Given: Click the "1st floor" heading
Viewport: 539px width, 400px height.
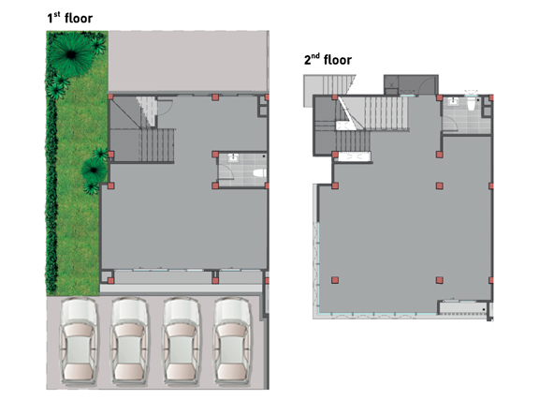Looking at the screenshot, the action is point(70,18).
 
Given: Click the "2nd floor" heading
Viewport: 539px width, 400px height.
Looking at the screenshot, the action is point(328,60).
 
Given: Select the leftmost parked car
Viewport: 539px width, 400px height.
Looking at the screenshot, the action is point(79,340).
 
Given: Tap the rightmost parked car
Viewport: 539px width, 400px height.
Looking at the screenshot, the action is point(232,340).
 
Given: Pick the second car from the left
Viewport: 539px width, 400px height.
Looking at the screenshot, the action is point(129,340).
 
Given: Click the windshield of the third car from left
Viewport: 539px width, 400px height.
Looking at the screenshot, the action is point(181,331).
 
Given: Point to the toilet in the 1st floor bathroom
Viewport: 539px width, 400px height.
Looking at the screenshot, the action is point(259,172).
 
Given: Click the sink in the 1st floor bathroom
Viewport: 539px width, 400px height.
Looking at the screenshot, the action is point(233,157).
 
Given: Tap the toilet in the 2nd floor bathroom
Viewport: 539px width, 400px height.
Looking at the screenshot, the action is point(471,103).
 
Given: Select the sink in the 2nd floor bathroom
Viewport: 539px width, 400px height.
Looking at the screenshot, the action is point(454,101).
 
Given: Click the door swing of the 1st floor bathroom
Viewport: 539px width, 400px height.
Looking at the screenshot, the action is point(226,171).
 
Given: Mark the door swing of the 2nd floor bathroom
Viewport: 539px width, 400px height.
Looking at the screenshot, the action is point(450,123).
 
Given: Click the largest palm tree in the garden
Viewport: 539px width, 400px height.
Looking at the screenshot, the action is point(71,54).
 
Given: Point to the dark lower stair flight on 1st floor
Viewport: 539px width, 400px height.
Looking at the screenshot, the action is point(156,145).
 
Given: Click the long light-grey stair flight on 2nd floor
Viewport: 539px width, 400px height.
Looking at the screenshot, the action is point(386,113).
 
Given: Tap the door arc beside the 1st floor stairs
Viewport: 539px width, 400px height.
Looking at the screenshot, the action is point(166,108).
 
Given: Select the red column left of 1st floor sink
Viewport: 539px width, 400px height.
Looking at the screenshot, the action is point(215,155).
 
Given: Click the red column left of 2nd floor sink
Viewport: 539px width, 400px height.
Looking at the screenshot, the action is point(439,97).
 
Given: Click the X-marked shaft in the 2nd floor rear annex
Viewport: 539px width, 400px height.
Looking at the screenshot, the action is point(391,84).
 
